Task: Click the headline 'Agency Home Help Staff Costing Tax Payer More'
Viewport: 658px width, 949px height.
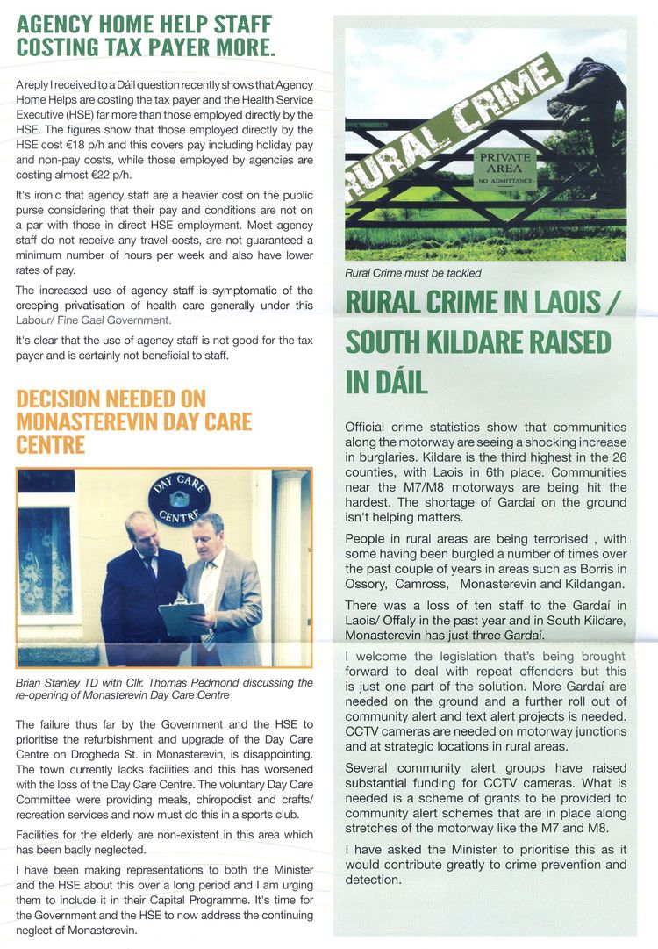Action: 145,35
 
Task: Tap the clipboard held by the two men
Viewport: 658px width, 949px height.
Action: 182,616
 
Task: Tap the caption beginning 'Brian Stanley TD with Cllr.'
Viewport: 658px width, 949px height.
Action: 164,689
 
